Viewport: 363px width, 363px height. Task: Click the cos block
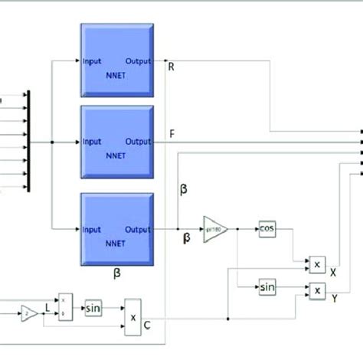[267, 229]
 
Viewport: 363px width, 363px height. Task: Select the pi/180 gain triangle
[214, 229]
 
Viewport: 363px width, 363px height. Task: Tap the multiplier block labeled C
[132, 316]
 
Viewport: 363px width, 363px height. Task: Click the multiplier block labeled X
[316, 264]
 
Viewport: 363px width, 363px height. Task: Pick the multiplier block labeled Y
[316, 290]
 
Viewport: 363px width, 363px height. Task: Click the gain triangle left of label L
[28, 313]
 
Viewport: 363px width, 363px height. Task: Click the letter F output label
[172, 133]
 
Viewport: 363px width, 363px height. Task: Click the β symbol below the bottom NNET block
[117, 270]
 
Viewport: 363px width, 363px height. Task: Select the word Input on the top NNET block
[93, 62]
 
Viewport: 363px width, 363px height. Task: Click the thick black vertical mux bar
[28, 142]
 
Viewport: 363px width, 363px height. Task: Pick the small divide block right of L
[65, 306]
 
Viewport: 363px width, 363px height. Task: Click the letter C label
[147, 325]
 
